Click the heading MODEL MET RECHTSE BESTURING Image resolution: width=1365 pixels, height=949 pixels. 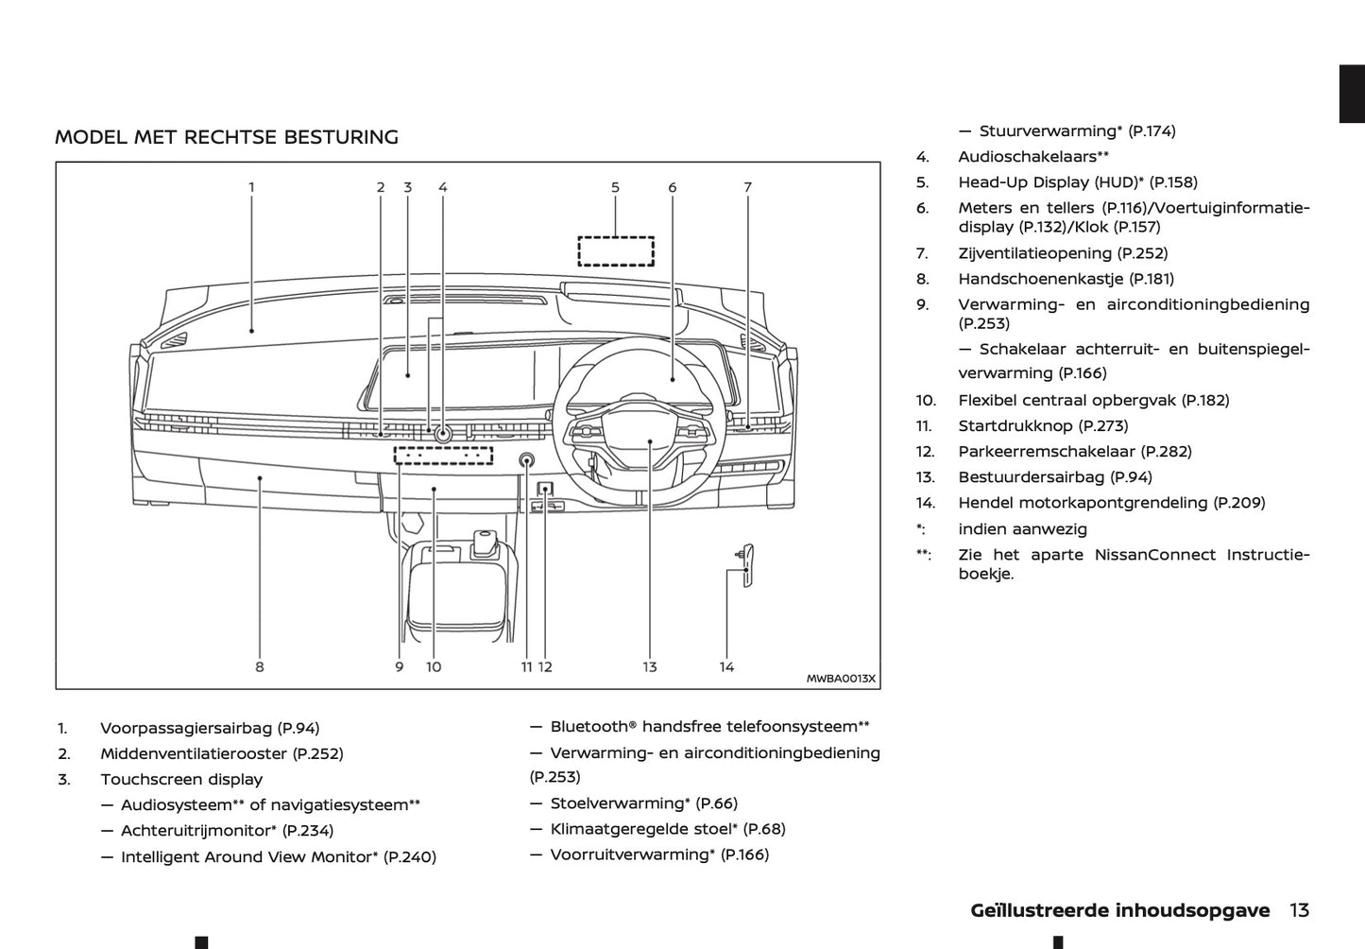227,137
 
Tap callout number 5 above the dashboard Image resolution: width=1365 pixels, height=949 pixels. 615,187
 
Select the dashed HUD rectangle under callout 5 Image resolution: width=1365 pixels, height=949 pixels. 616,250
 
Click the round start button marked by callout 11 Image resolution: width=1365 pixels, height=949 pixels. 526,460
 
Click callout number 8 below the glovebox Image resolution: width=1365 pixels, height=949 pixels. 260,666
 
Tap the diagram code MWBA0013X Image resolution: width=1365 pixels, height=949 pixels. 841,679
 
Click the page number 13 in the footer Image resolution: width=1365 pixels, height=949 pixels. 1299,910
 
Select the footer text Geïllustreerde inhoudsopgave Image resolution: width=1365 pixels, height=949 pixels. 1119,910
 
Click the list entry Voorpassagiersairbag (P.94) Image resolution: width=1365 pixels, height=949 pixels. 210,728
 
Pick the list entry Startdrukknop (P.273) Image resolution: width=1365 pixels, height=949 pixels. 1043,426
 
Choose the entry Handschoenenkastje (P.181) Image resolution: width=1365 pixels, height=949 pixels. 1066,279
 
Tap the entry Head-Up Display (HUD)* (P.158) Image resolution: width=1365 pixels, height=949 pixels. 1077,182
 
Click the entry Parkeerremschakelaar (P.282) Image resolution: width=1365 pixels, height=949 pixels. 1075,452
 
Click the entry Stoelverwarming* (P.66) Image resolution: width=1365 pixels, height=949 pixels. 643,803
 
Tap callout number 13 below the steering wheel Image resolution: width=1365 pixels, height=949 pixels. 650,666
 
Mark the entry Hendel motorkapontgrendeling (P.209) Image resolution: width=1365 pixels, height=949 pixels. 1111,503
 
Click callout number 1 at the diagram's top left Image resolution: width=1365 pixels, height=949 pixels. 251,187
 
